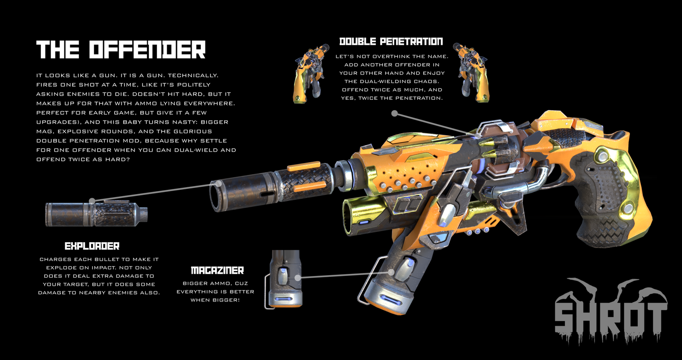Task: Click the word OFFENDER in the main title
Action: [x=147, y=50]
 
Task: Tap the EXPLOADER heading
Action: [x=92, y=246]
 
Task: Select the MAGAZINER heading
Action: [x=217, y=270]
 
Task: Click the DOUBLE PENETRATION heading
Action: [x=391, y=41]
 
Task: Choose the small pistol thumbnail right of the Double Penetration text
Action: [x=471, y=73]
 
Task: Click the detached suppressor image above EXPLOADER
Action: [x=96, y=214]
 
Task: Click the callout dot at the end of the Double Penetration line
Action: [x=395, y=113]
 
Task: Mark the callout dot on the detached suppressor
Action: [x=92, y=201]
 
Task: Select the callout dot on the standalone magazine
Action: [x=298, y=277]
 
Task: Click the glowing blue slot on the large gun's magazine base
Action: [x=390, y=300]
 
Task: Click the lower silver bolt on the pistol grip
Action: [x=628, y=209]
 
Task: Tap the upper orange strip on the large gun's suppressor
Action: [x=303, y=166]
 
